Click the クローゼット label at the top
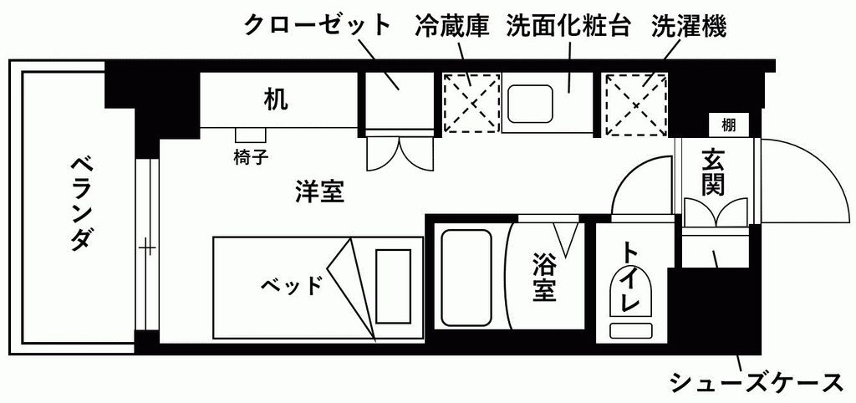coord(318,26)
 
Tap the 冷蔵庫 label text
coord(452,25)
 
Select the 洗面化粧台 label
coord(568,25)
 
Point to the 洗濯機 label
coord(689,25)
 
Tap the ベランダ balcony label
coord(79,204)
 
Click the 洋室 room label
coord(320,191)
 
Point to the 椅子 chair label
coord(251,158)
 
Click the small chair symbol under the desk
coord(251,135)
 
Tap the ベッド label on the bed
coord(292,286)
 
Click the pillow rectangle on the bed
coord(394,287)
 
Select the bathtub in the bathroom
coord(466,278)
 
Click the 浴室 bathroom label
coord(544,278)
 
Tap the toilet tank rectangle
coord(630,329)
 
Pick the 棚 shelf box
coord(728,125)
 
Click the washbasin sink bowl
coord(530,105)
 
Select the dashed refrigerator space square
coord(471,103)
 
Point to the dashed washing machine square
coord(636,105)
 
